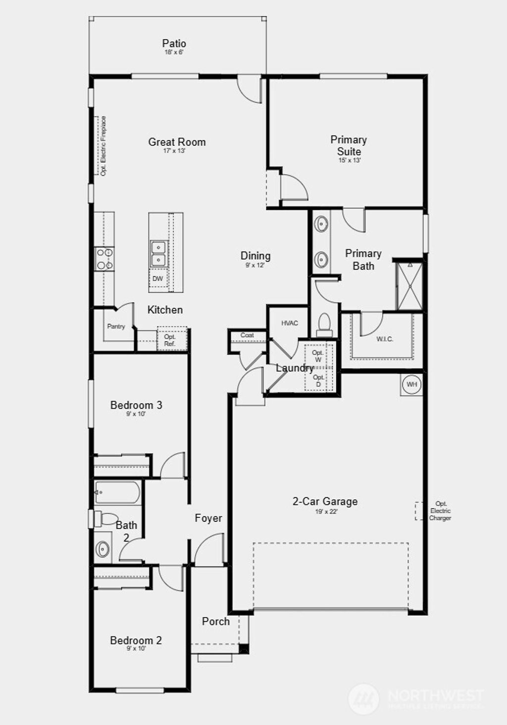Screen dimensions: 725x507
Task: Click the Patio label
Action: [174, 44]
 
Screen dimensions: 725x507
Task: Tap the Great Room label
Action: [177, 142]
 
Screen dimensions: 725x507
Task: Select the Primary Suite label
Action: [349, 145]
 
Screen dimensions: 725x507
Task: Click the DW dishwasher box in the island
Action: [157, 279]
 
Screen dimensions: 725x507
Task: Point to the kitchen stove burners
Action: [105, 259]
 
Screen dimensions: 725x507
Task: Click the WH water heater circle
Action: [411, 384]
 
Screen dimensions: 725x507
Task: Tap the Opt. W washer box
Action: [318, 356]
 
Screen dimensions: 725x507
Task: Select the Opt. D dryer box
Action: [318, 380]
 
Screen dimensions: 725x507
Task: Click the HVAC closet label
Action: [290, 323]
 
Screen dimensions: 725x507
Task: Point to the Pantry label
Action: [116, 326]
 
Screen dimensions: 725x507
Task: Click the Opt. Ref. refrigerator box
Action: [170, 340]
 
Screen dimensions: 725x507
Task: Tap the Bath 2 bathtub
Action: [118, 493]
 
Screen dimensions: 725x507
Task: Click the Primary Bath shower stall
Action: [409, 286]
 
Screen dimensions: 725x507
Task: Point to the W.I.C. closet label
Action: [385, 339]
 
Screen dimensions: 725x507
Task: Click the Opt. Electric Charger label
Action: [440, 511]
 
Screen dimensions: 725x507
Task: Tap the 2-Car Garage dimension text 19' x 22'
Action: [325, 512]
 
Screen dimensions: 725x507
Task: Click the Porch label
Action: [216, 622]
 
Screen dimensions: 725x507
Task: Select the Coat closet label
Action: [247, 335]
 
